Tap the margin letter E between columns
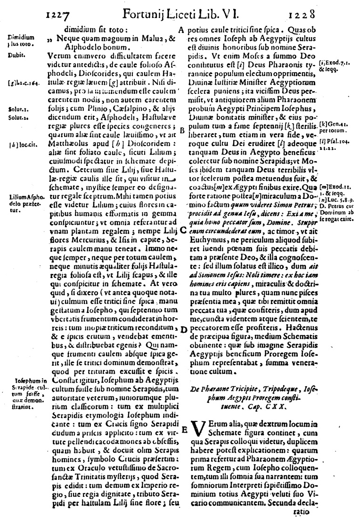(184, 428)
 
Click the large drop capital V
(200, 431)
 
